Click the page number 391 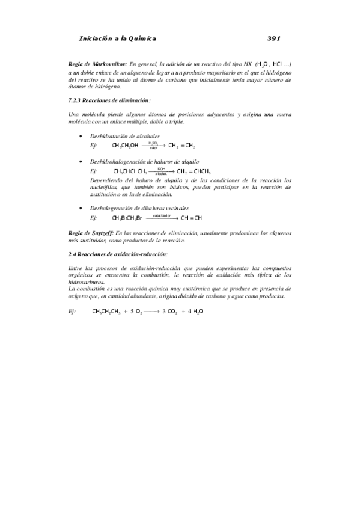[274, 38]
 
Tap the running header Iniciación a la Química [117, 38]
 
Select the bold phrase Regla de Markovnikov [97, 63]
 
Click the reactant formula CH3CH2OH [126, 146]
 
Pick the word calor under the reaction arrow [153, 148]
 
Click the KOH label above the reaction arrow [160, 169]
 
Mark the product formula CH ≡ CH [191, 218]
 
